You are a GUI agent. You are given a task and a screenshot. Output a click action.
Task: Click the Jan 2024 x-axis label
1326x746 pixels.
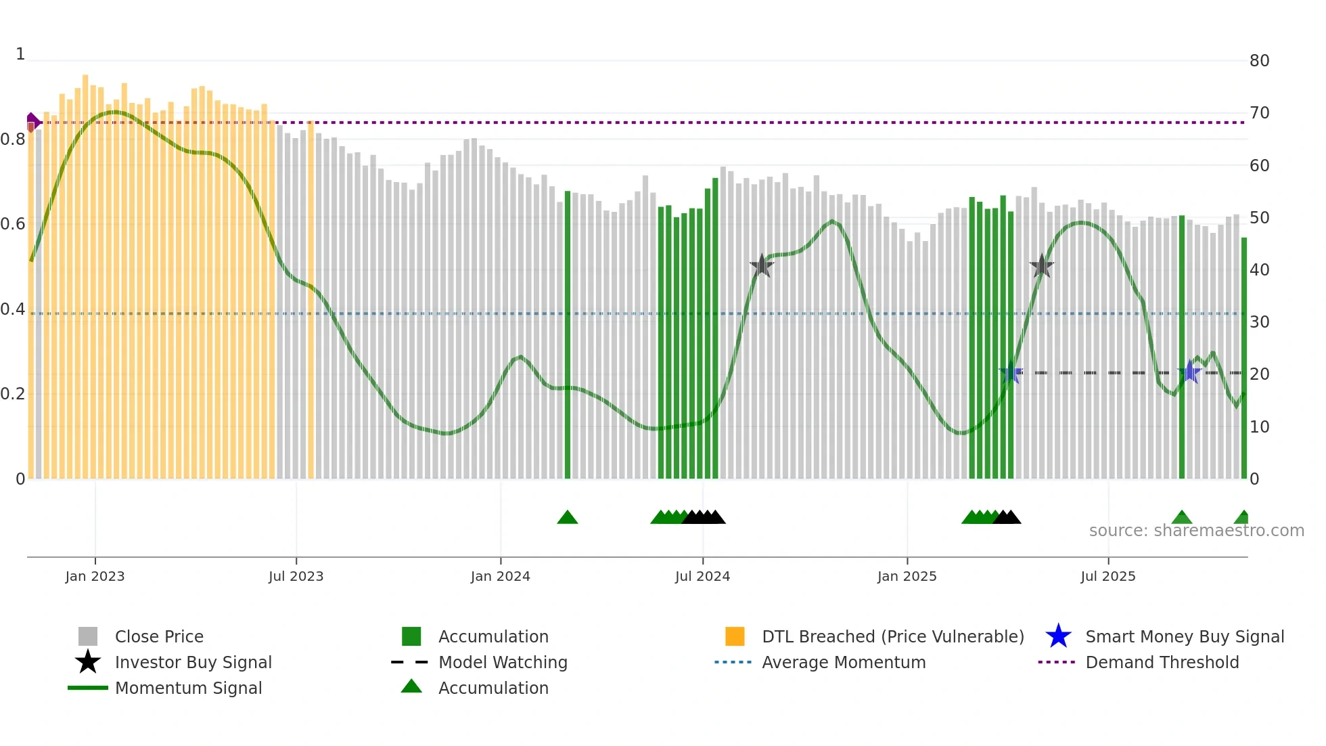coord(500,576)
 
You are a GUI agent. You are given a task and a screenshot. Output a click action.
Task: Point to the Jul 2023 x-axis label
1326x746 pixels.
coord(296,576)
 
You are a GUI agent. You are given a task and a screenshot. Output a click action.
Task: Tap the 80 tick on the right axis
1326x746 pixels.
coord(1259,61)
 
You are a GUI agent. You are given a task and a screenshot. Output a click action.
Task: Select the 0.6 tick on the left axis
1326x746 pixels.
coord(13,224)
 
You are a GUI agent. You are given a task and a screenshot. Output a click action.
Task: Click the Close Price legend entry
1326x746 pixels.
coord(158,636)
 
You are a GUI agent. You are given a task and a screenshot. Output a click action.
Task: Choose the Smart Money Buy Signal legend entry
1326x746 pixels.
coord(1184,636)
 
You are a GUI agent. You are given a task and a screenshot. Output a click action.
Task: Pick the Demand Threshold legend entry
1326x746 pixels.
coord(1162,662)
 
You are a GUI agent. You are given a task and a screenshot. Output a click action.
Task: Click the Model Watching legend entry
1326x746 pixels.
coord(502,662)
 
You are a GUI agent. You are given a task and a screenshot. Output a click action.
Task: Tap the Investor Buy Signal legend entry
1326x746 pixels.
coord(193,662)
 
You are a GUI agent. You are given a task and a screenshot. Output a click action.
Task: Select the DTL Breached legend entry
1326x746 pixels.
coord(892,636)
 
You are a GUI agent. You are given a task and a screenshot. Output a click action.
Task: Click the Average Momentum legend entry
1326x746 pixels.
coord(843,662)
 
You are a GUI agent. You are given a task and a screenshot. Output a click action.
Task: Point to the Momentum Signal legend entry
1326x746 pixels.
coord(188,688)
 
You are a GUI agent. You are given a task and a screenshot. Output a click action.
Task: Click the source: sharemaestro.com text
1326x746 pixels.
coord(1196,531)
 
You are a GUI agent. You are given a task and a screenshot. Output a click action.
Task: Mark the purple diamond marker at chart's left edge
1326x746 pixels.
coord(32,123)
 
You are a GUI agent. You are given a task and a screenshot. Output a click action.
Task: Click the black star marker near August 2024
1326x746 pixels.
coord(762,266)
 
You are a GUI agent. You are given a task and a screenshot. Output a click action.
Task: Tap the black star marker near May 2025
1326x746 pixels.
coord(1042,267)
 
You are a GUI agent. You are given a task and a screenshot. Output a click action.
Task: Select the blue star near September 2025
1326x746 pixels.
coord(1189,372)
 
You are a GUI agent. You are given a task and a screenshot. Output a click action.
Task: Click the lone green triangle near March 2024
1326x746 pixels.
coord(567,518)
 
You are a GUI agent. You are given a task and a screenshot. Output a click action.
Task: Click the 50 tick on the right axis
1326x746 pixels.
coord(1259,218)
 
